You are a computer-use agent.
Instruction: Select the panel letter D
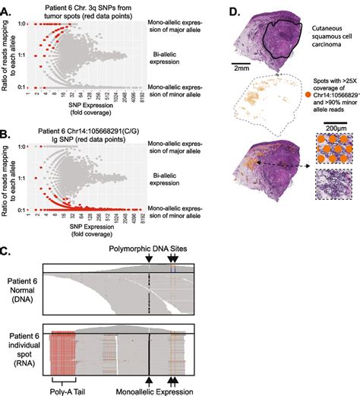click(235, 11)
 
